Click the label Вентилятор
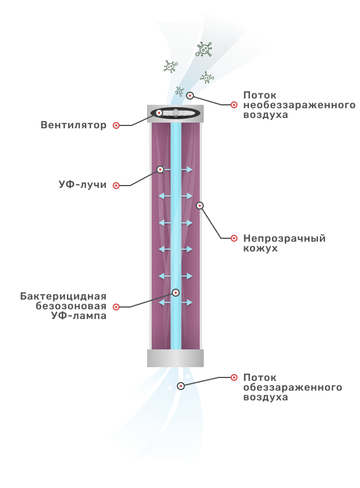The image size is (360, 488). click(x=73, y=125)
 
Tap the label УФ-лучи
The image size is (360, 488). click(x=82, y=184)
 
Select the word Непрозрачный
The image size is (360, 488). click(x=284, y=238)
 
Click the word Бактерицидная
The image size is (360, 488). click(x=63, y=296)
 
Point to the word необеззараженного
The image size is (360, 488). click(x=299, y=105)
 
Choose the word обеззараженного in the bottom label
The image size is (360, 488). click(x=292, y=387)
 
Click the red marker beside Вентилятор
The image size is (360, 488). click(x=116, y=125)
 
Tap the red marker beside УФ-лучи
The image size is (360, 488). click(x=116, y=186)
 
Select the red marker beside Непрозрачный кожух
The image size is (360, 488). click(x=234, y=238)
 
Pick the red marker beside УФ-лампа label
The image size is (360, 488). click(x=116, y=307)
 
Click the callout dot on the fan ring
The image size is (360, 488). click(x=159, y=113)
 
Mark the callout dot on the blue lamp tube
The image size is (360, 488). click(x=176, y=293)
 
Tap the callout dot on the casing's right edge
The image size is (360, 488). click(x=200, y=206)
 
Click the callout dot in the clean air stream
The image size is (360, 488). click(x=181, y=386)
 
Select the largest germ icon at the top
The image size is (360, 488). click(x=204, y=49)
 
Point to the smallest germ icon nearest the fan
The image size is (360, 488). click(x=179, y=91)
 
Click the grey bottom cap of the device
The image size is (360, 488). click(x=175, y=358)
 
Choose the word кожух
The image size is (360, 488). click(x=260, y=249)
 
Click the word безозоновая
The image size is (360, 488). click(x=71, y=306)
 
